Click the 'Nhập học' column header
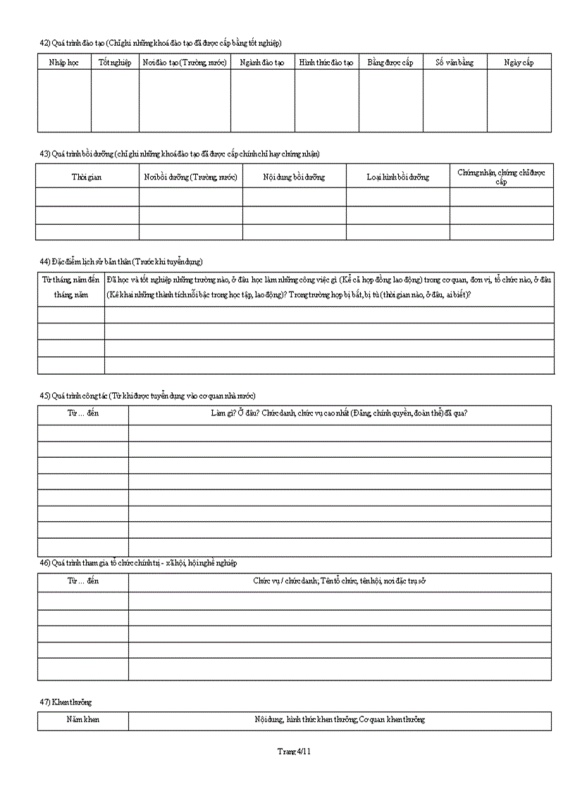(x=64, y=63)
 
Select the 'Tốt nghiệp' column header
(x=115, y=63)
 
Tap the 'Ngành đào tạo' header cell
(x=262, y=63)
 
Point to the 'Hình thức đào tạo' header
(x=326, y=63)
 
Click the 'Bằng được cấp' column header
(x=390, y=63)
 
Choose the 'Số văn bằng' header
(x=455, y=63)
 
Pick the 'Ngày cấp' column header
(x=519, y=63)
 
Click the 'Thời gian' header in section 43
(x=87, y=177)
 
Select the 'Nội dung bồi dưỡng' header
(x=294, y=177)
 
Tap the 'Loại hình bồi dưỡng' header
(x=397, y=177)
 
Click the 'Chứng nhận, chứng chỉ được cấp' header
(x=501, y=177)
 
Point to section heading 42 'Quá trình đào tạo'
(x=161, y=43)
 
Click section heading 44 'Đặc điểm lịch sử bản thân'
(x=121, y=262)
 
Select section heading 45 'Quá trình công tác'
(x=148, y=395)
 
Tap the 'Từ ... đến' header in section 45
(x=83, y=413)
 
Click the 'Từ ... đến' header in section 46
(x=83, y=581)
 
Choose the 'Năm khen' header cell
(x=83, y=720)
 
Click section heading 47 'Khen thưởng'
(x=66, y=702)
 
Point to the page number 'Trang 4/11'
(x=295, y=752)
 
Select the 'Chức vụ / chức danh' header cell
(x=340, y=581)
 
